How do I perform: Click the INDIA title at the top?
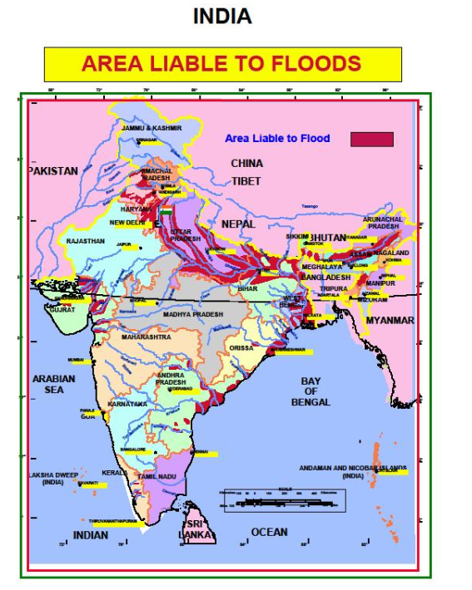(222, 16)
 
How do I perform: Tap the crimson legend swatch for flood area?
(371, 139)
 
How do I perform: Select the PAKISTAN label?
(53, 171)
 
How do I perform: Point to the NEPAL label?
(238, 224)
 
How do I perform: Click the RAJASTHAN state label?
(86, 241)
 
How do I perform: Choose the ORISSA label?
(241, 348)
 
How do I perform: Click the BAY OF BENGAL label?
(311, 391)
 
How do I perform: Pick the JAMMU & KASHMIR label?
(152, 129)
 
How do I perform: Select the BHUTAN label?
(330, 238)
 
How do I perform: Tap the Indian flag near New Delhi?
(166, 212)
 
